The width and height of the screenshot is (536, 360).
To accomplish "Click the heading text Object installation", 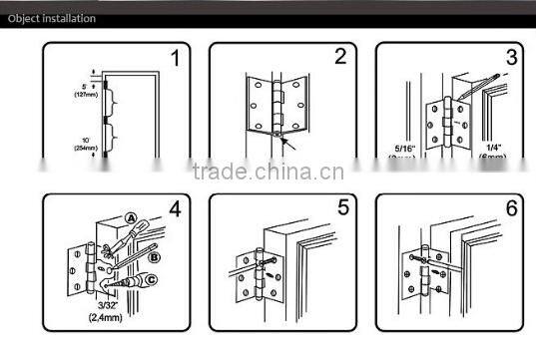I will [x=52, y=18].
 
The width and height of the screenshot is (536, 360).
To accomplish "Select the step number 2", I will [x=339, y=57].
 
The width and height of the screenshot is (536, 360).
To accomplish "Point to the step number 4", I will [x=175, y=211].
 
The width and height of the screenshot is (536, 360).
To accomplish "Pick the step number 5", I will [x=341, y=211].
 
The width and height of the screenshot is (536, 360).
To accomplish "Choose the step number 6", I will [x=511, y=211].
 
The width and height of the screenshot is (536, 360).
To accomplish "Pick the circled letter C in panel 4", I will [x=151, y=281].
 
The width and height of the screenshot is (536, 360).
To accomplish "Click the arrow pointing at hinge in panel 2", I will [x=296, y=145].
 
